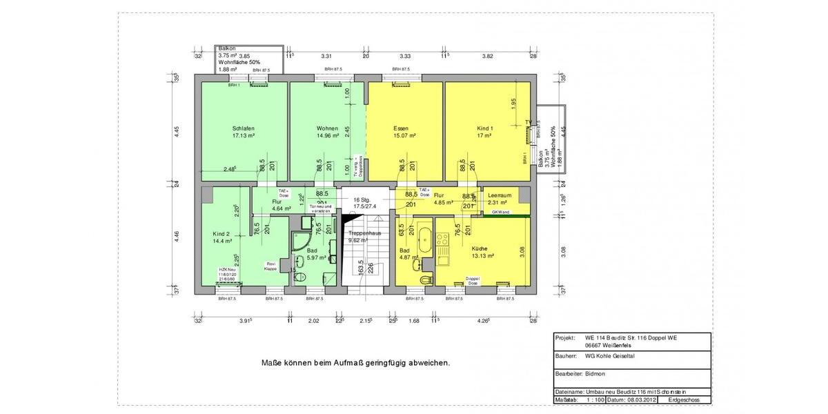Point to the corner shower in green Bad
[x=300, y=239]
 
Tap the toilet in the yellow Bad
[x=426, y=277]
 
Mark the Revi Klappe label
[x=271, y=266]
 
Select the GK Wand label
[x=500, y=213]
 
